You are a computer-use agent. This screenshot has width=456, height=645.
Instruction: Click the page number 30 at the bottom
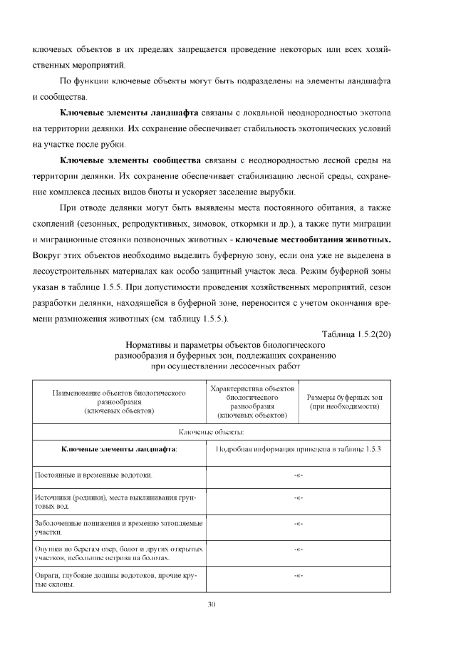click(211, 604)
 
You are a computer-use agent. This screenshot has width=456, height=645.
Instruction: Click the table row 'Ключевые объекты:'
click(211, 432)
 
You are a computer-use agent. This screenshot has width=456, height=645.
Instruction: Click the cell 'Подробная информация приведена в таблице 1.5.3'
click(299, 449)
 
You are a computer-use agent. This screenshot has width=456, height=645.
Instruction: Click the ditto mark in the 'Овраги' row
click(299, 574)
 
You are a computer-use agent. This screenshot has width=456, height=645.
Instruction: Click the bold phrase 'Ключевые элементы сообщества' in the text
click(131, 160)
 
